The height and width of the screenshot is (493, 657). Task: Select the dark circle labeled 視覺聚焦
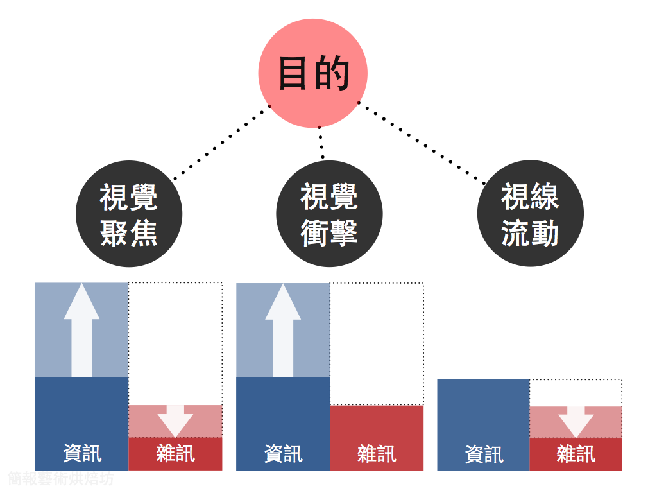[129, 214]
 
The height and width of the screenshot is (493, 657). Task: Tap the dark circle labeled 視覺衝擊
[329, 214]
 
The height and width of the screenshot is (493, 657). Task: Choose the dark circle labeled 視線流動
[530, 214]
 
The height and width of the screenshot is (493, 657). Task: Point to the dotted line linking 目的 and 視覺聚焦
[219, 143]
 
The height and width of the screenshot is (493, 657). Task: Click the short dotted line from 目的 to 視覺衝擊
[321, 143]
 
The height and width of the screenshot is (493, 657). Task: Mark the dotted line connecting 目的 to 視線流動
[421, 143]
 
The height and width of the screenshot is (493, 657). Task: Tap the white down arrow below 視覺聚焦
[175, 420]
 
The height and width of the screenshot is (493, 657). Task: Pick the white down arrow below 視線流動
[576, 421]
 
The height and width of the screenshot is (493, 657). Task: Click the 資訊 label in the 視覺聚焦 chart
[82, 453]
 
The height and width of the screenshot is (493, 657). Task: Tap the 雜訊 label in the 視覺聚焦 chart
[175, 453]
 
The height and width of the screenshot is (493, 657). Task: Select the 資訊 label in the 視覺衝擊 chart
[283, 454]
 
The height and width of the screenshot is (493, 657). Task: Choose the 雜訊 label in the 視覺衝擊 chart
[377, 454]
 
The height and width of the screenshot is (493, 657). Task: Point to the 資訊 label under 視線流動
[484, 454]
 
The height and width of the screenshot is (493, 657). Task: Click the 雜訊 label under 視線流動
[576, 454]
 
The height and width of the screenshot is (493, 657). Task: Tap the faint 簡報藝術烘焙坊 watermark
[61, 479]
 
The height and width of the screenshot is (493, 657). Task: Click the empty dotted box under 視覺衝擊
[377, 343]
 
